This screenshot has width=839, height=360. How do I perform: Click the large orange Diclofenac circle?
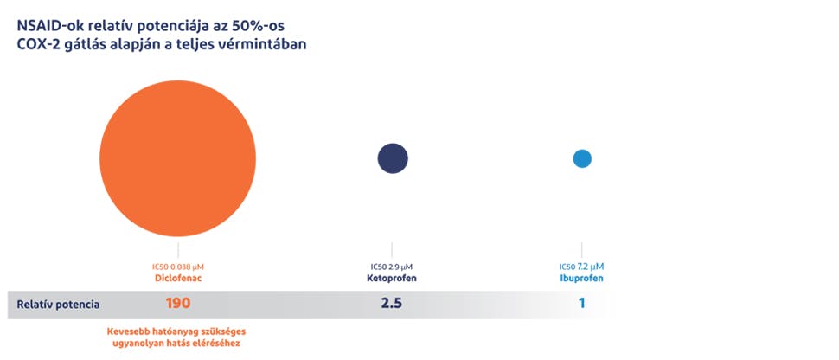point(177,158)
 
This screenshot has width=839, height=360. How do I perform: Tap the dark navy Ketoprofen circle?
point(392,158)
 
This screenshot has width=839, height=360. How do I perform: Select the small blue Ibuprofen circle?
point(582,158)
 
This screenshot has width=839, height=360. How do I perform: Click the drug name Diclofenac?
point(177,279)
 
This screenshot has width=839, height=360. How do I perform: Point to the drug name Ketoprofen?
point(392,279)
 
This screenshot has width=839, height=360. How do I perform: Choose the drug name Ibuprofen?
point(581,279)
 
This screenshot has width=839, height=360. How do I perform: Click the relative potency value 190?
point(177,304)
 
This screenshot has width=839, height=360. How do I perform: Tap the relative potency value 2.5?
point(392,304)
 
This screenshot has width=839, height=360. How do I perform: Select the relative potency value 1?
point(582,304)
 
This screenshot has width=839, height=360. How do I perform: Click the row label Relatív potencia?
point(60,305)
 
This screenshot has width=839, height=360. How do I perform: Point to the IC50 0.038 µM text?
point(177,266)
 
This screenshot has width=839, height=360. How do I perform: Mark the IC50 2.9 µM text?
point(392,266)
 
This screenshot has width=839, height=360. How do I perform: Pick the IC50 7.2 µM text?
point(581,266)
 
